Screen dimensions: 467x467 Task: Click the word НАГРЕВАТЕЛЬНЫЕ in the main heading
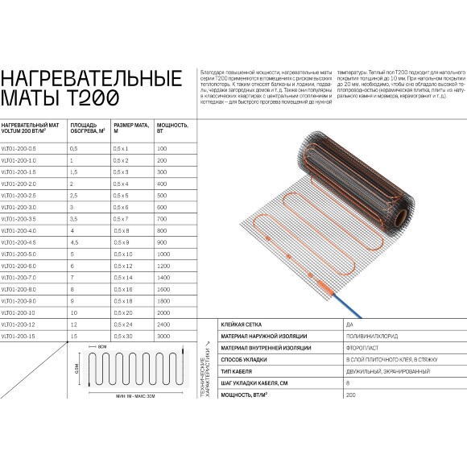89,78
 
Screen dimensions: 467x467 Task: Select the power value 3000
163,334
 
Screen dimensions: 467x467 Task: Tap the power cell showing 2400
163,323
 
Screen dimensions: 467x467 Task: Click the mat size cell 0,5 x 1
122,150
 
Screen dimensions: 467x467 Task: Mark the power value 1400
163,277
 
